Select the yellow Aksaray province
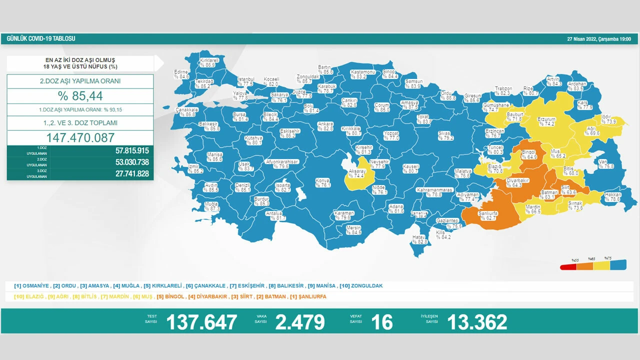point(356,173)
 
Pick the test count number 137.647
point(201,322)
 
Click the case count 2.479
point(300,322)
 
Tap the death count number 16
point(382,322)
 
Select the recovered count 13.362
point(477,322)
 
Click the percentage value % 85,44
point(80,96)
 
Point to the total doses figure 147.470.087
point(80,137)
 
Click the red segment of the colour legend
point(568,266)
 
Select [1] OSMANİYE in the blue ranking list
point(32,286)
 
